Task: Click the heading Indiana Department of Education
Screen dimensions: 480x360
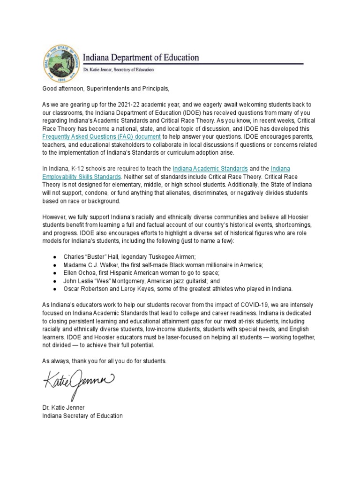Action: click(141, 58)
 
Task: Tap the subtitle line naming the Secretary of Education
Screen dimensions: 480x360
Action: click(118, 70)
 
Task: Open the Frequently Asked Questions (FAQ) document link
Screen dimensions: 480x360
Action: click(102, 136)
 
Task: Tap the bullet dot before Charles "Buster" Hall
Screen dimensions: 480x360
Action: click(56, 257)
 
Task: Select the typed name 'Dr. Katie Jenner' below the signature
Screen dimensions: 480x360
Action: click(63, 408)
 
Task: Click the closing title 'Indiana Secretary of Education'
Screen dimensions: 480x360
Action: click(82, 416)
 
